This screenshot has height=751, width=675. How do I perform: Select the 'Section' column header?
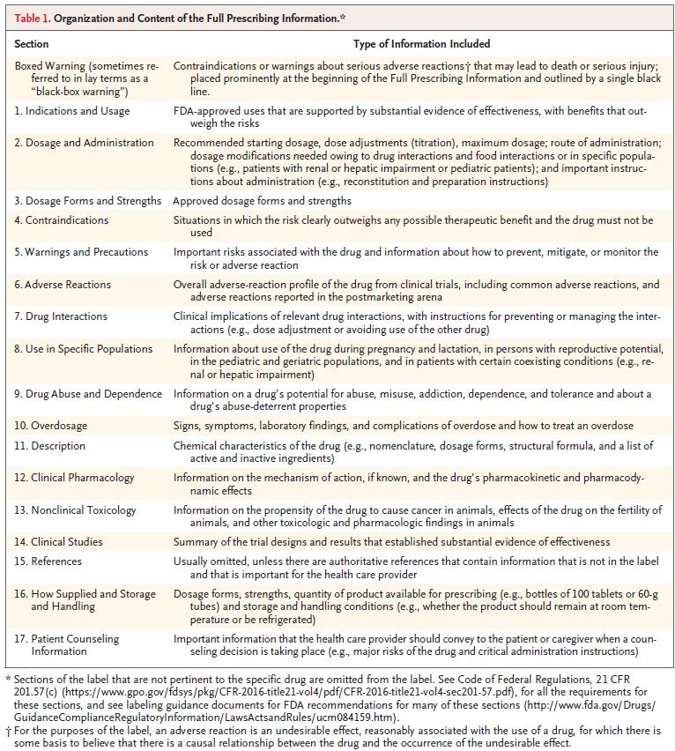32,43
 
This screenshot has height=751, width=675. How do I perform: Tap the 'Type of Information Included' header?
421,43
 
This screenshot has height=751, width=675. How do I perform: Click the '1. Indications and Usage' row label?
72,111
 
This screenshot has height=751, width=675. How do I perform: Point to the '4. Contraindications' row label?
62,220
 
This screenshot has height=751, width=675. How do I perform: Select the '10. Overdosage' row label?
51,426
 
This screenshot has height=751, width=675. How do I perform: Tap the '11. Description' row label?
50,446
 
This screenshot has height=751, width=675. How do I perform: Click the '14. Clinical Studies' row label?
59,541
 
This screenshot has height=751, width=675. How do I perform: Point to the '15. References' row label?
48,561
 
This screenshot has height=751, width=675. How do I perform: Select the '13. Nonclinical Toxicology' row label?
76,509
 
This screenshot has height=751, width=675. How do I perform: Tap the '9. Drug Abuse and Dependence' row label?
89,393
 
